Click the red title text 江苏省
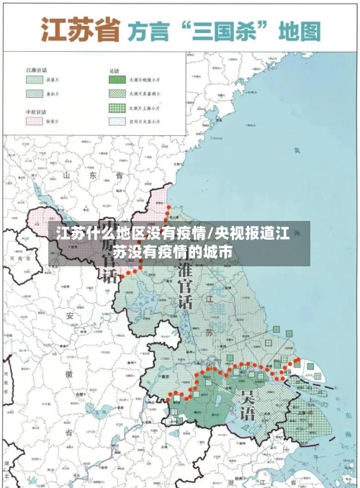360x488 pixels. point(78,30)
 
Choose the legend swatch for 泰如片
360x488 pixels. point(35,94)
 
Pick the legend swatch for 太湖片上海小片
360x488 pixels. point(117,108)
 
